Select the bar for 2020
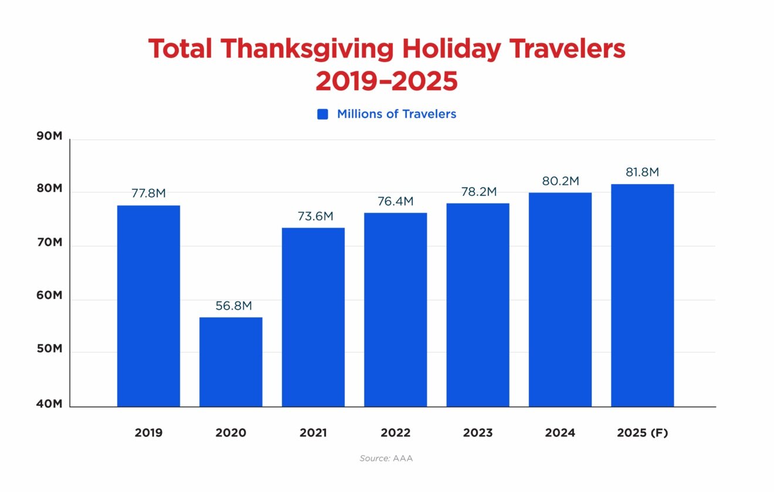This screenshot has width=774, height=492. (x=231, y=362)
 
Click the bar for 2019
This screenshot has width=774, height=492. (x=148, y=306)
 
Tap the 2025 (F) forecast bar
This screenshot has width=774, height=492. (x=642, y=295)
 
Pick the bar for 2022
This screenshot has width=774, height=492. (x=395, y=310)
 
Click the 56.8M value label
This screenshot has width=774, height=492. (x=231, y=306)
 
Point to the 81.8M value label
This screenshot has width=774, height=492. (x=642, y=172)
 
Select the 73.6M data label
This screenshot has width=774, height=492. (x=313, y=216)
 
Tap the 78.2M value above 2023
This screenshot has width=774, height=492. (x=478, y=192)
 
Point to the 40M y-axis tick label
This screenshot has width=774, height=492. (x=49, y=404)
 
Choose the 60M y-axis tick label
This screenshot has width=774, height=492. (x=49, y=296)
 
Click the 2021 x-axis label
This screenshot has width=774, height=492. (x=313, y=433)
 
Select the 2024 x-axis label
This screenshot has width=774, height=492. (x=560, y=433)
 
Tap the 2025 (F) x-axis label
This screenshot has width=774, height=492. (x=643, y=433)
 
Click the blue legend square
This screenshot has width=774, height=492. (x=322, y=114)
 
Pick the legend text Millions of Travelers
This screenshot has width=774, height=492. (x=396, y=114)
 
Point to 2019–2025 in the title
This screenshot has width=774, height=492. (x=386, y=82)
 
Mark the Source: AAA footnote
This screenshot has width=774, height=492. (x=386, y=459)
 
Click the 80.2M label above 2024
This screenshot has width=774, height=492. (x=560, y=181)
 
